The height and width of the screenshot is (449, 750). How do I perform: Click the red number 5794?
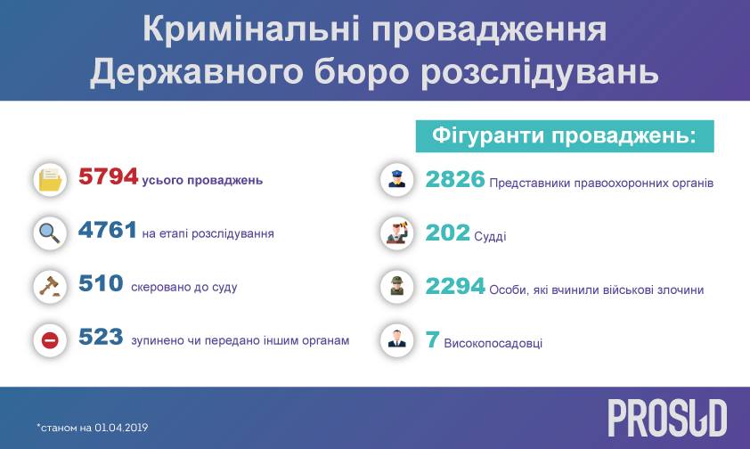(108, 176)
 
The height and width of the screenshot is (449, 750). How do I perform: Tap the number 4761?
(108, 230)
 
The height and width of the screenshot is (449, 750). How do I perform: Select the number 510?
(101, 283)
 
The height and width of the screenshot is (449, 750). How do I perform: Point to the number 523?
(101, 337)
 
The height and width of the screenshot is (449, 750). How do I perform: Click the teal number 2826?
(455, 179)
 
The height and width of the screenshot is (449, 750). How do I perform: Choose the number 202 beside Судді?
(448, 233)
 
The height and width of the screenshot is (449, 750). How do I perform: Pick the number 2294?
(455, 287)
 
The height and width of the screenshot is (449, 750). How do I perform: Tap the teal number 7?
(432, 340)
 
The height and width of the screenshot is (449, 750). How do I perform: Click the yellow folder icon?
(50, 180)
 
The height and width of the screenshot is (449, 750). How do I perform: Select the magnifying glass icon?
(50, 233)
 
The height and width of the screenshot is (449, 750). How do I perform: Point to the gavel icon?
(50, 287)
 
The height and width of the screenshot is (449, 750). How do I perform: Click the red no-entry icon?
(50, 340)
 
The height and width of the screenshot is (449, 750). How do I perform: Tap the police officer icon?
(396, 180)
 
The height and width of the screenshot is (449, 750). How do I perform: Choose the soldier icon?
(396, 287)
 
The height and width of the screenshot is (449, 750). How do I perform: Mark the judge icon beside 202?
(397, 233)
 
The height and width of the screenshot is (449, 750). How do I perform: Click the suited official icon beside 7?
(396, 339)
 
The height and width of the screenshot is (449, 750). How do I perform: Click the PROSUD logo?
(667, 418)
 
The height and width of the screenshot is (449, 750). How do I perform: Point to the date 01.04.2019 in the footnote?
(121, 428)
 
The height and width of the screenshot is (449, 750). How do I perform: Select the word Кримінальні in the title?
(251, 29)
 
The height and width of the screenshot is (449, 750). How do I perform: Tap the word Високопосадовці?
(493, 343)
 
